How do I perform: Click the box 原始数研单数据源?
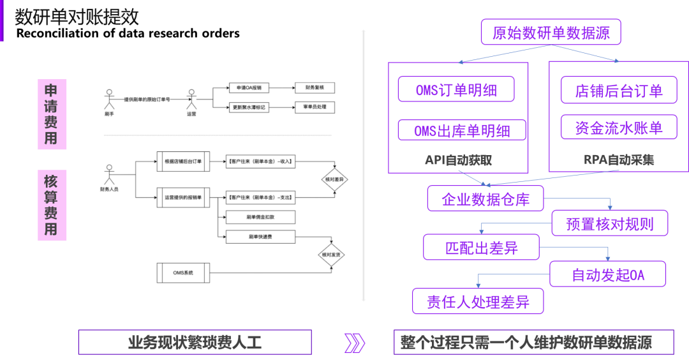coord(551,33)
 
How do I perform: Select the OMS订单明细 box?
coord(456,89)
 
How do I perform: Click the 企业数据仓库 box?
coord(485,199)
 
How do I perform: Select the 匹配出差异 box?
coord(481,247)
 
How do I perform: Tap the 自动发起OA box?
coord(608,274)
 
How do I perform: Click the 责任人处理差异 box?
coord(478,301)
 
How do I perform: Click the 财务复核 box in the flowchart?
coord(315,87)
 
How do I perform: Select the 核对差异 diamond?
coord(334,180)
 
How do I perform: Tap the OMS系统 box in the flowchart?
coord(182,273)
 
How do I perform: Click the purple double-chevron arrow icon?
coord(353,343)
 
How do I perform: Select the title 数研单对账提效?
coord(77,17)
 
